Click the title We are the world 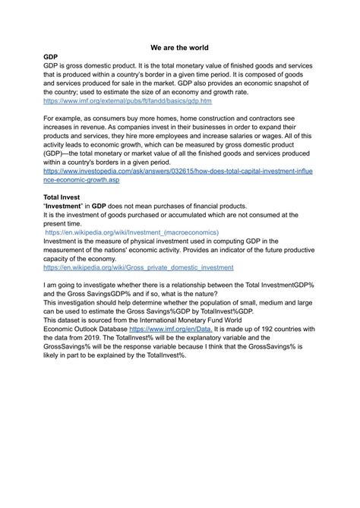[x=179, y=46]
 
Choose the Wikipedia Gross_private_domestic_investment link [x=138, y=268]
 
